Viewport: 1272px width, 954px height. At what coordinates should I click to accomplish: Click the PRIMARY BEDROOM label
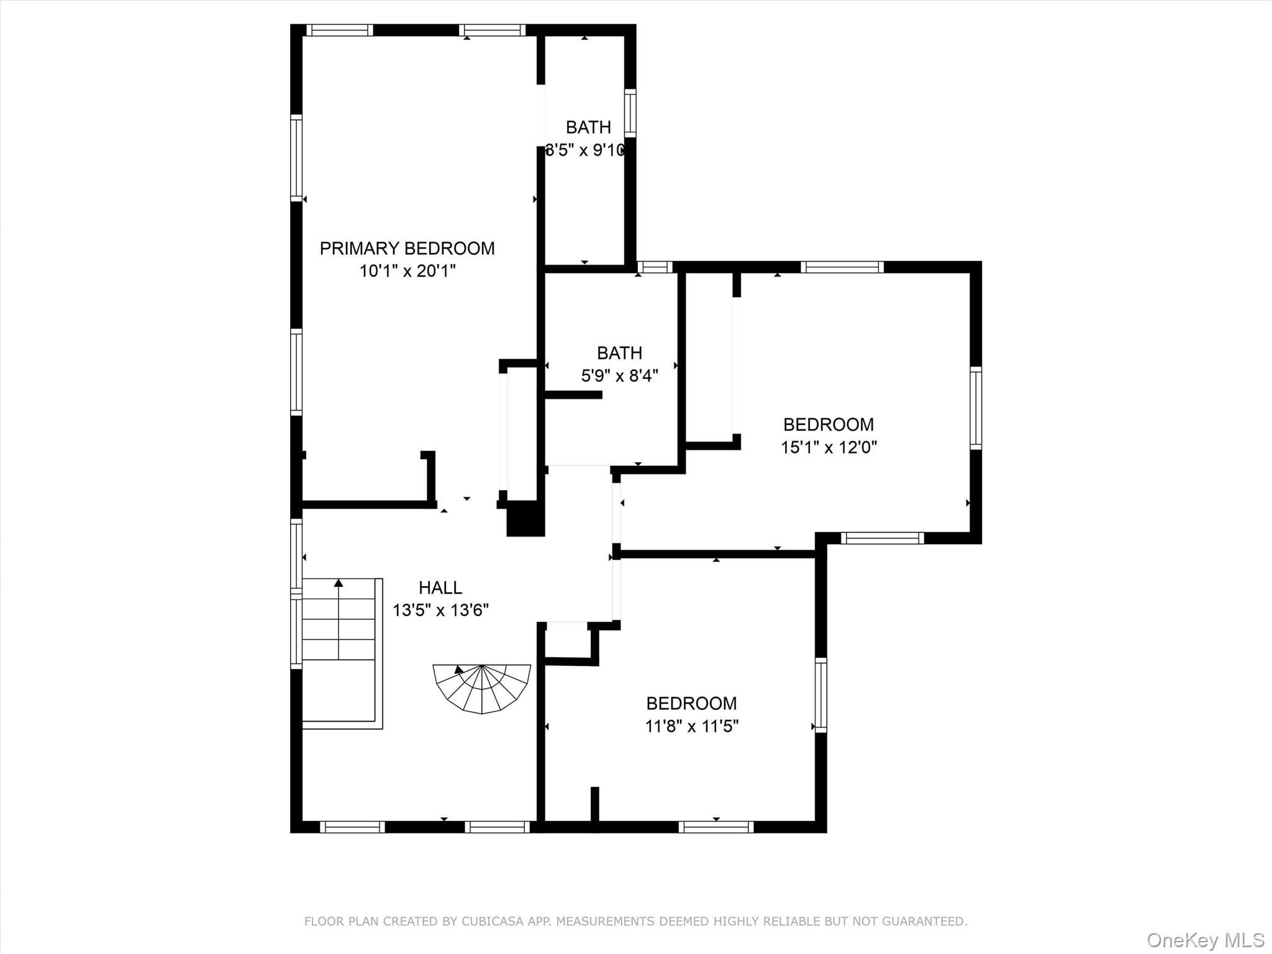(407, 248)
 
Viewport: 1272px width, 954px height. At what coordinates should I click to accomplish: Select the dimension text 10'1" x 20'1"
(407, 271)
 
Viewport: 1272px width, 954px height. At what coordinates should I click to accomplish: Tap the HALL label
(440, 588)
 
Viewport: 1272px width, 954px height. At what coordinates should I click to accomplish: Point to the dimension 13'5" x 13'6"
(440, 611)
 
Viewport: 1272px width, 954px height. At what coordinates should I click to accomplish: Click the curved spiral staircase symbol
(482, 687)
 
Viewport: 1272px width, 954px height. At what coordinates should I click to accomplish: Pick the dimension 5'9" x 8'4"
(619, 376)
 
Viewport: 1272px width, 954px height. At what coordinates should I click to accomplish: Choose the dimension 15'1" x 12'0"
(828, 447)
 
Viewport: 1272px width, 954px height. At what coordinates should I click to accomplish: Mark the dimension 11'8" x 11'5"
(691, 726)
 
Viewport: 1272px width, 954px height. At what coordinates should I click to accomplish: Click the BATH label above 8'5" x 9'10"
(588, 127)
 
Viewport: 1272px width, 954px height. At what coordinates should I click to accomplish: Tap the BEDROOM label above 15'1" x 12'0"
(828, 425)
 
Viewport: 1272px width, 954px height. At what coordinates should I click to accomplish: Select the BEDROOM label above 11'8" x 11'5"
(691, 704)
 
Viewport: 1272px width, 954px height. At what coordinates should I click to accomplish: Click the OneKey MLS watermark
(1205, 940)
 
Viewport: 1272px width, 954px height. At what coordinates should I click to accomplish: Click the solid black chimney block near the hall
(525, 519)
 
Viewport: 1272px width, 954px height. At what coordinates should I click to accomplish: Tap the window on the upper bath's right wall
(630, 113)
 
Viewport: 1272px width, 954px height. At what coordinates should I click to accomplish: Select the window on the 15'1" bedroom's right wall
(975, 407)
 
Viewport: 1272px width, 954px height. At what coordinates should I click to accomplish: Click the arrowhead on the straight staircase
(338, 583)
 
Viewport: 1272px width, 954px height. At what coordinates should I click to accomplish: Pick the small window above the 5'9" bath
(655, 267)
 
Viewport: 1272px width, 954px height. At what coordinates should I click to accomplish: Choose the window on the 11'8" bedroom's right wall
(820, 695)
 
